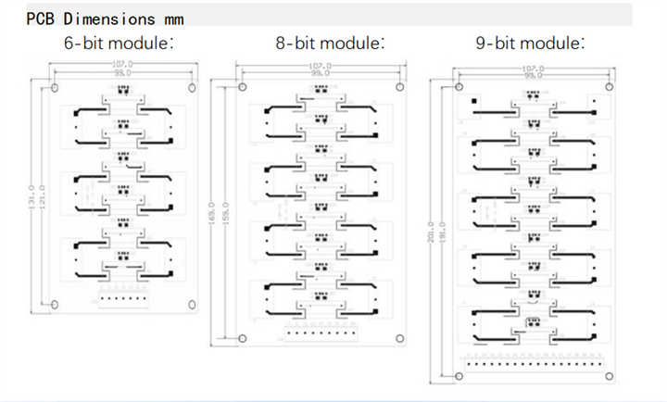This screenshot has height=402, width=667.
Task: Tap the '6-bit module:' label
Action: pyautogui.click(x=119, y=43)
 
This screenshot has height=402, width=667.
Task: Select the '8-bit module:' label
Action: pyautogui.click(x=330, y=43)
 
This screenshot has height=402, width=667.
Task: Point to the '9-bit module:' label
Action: pyautogui.click(x=530, y=43)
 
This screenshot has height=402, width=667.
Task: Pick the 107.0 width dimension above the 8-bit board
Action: pyautogui.click(x=321, y=66)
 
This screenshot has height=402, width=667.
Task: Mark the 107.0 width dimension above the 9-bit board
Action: pyautogui.click(x=532, y=69)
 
